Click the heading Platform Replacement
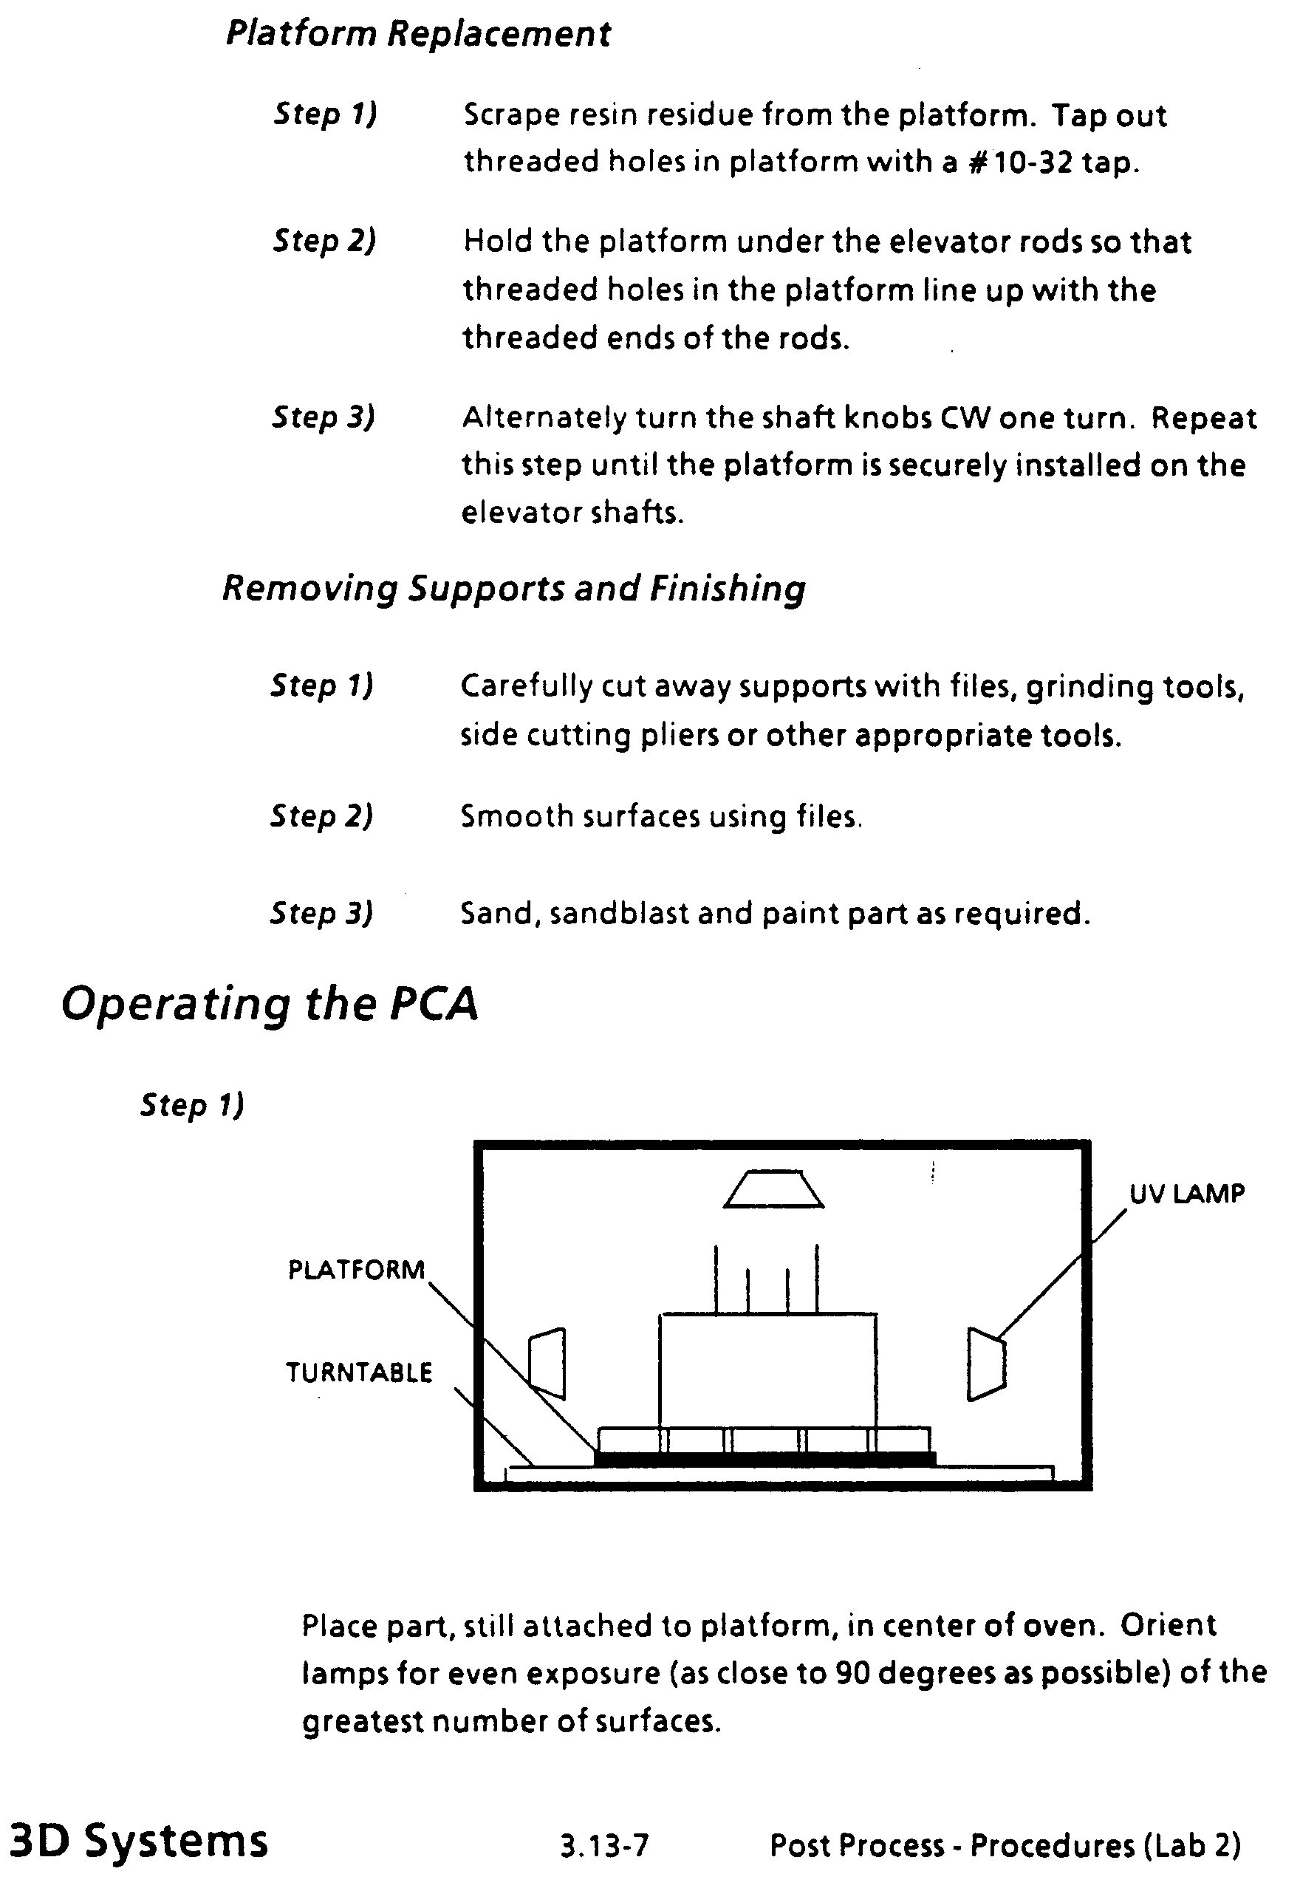click(x=418, y=34)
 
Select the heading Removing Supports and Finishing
click(x=514, y=588)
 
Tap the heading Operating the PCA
click(x=270, y=1003)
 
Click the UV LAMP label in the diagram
click(x=1187, y=1194)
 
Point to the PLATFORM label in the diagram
click(x=357, y=1270)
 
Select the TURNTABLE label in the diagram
click(x=358, y=1372)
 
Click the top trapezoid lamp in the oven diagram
click(x=774, y=1190)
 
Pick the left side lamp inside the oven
click(x=547, y=1364)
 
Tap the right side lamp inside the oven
click(x=986, y=1364)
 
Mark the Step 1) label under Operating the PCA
click(x=192, y=1105)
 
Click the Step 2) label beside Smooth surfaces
click(x=322, y=816)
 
